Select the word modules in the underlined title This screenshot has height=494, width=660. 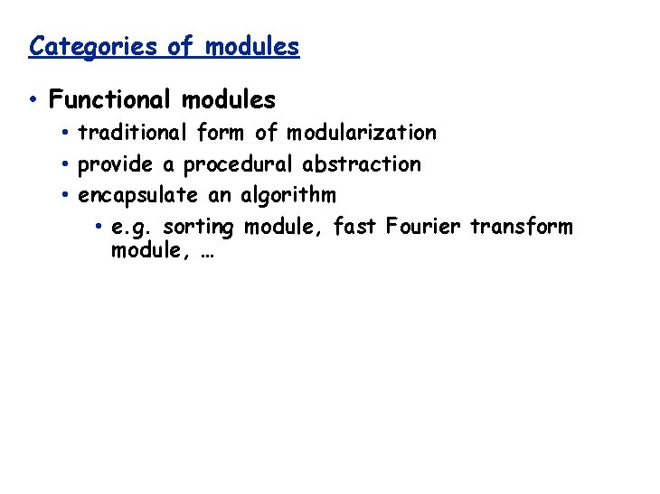[252, 46]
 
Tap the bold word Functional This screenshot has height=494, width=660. [110, 98]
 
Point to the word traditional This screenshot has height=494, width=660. [133, 134]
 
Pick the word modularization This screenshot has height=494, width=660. [362, 134]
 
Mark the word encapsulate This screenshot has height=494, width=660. [137, 195]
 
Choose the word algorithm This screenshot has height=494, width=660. [288, 195]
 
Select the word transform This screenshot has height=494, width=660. [522, 226]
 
